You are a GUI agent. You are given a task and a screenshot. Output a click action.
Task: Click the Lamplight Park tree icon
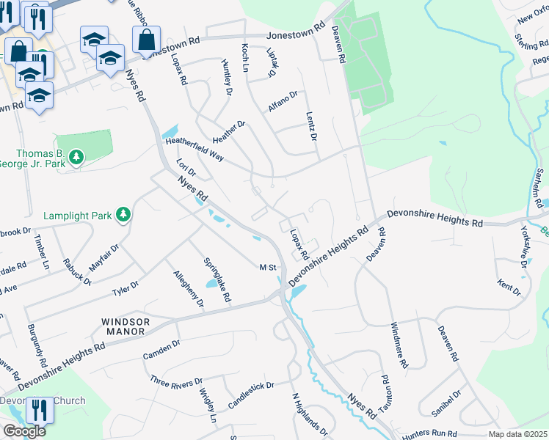124,214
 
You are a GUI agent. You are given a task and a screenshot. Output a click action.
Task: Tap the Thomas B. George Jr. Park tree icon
76,155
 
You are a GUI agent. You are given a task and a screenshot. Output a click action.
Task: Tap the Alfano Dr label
283,100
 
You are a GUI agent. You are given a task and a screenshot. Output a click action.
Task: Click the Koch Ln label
246,57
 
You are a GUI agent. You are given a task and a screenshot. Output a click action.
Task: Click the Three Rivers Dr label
176,382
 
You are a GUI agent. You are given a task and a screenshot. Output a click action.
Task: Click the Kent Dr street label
509,287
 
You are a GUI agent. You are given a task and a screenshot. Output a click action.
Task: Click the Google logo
24,431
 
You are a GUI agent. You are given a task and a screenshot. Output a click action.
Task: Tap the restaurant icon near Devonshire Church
39,411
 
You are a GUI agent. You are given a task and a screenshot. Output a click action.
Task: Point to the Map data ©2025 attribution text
518,434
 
